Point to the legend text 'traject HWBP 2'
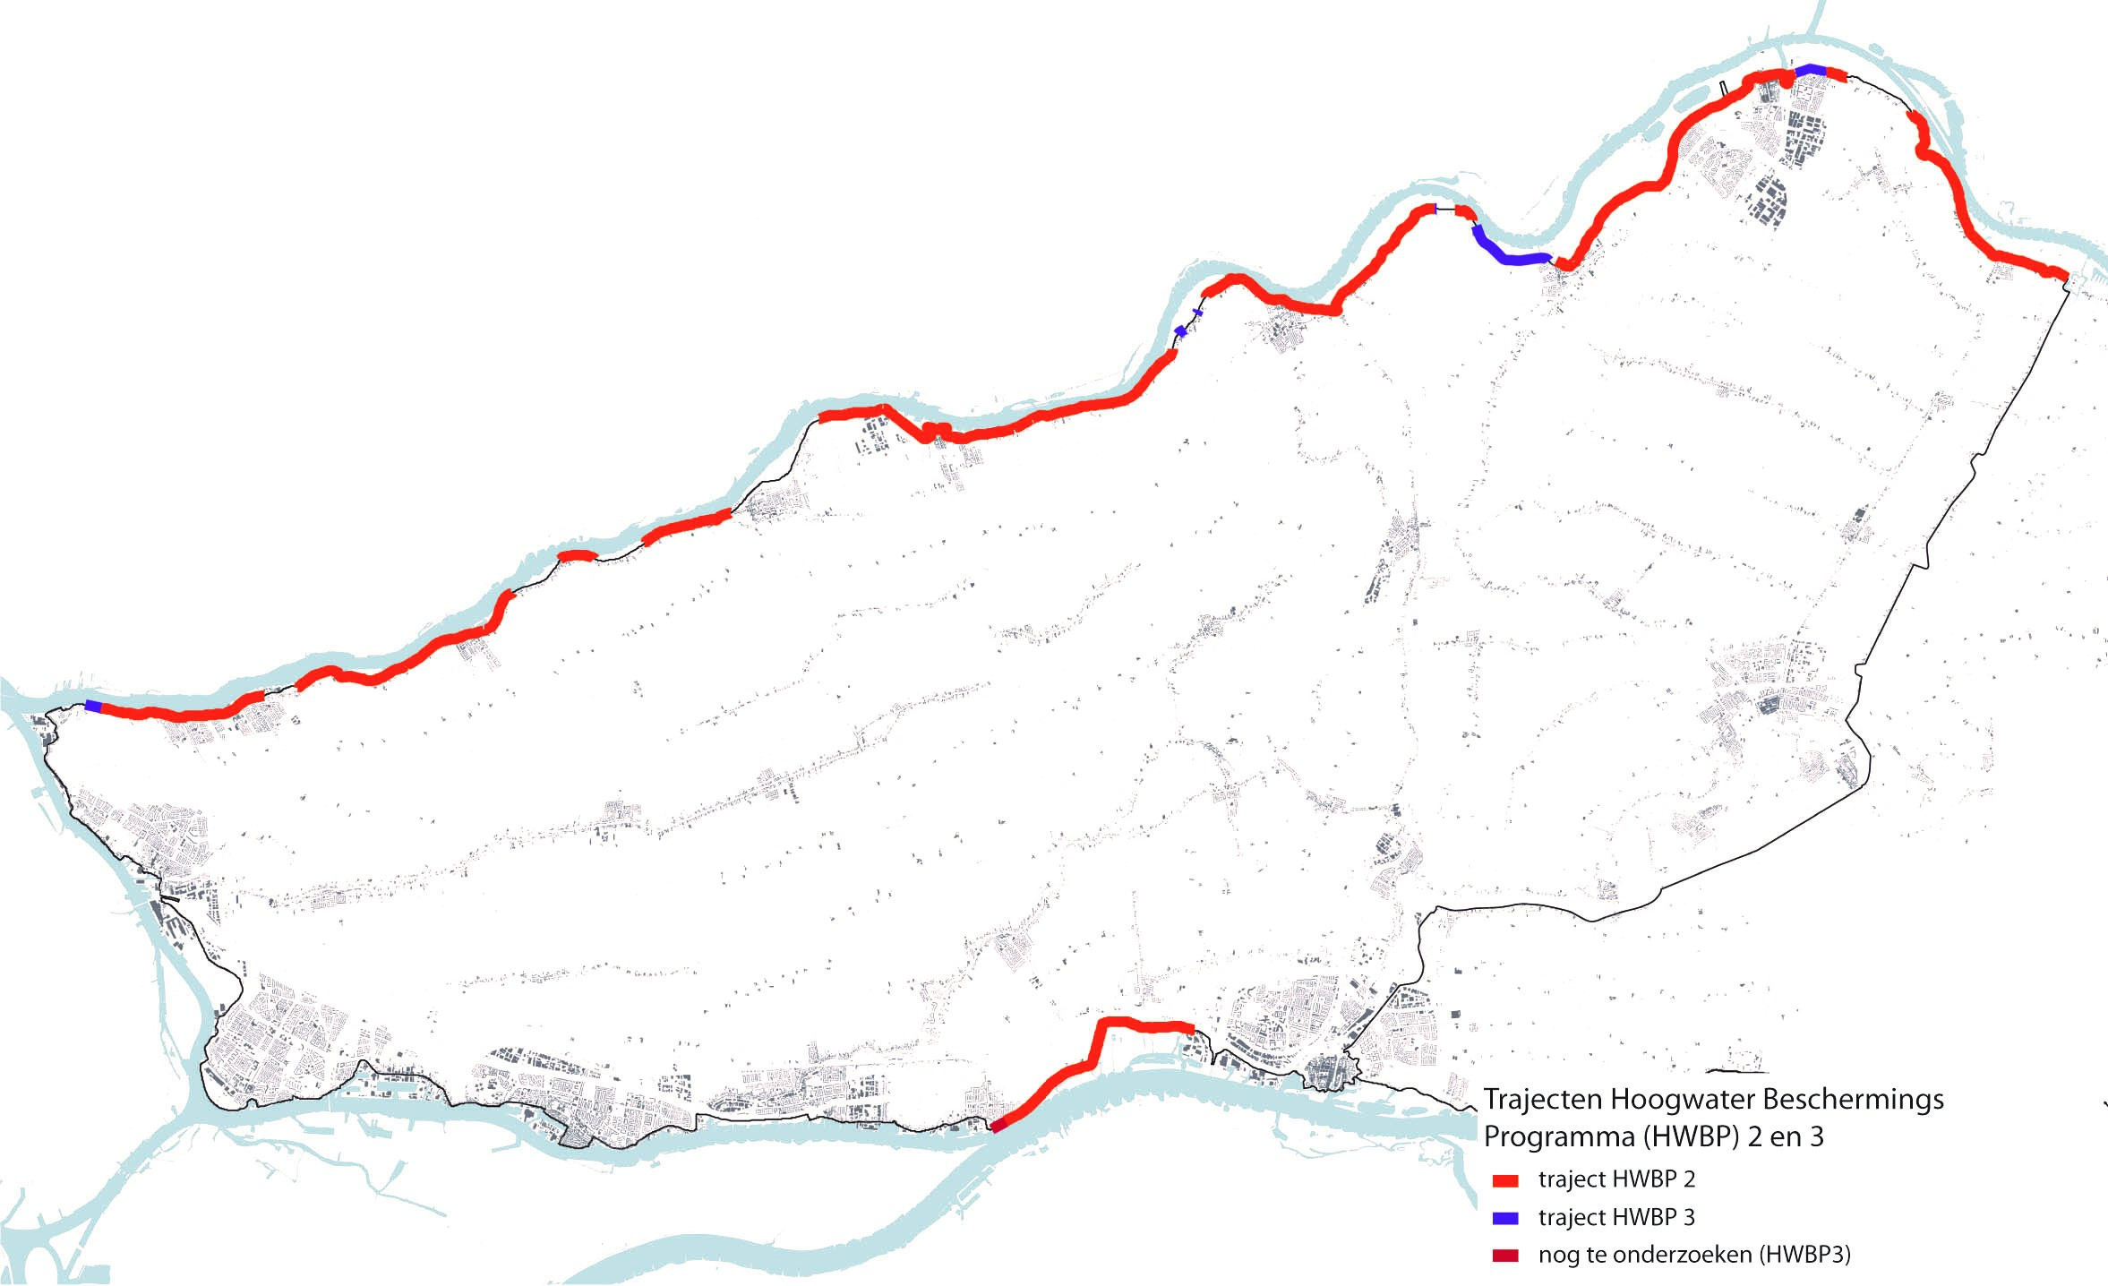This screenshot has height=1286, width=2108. click(1616, 1179)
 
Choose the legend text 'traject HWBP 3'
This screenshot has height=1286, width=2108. click(1616, 1218)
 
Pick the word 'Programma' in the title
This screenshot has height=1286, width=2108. click(1558, 1137)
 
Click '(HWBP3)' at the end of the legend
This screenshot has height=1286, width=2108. click(1804, 1256)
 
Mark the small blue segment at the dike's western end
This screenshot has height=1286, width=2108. click(93, 706)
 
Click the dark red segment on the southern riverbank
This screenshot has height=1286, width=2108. click(998, 1126)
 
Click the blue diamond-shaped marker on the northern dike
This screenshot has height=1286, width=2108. click(1181, 331)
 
